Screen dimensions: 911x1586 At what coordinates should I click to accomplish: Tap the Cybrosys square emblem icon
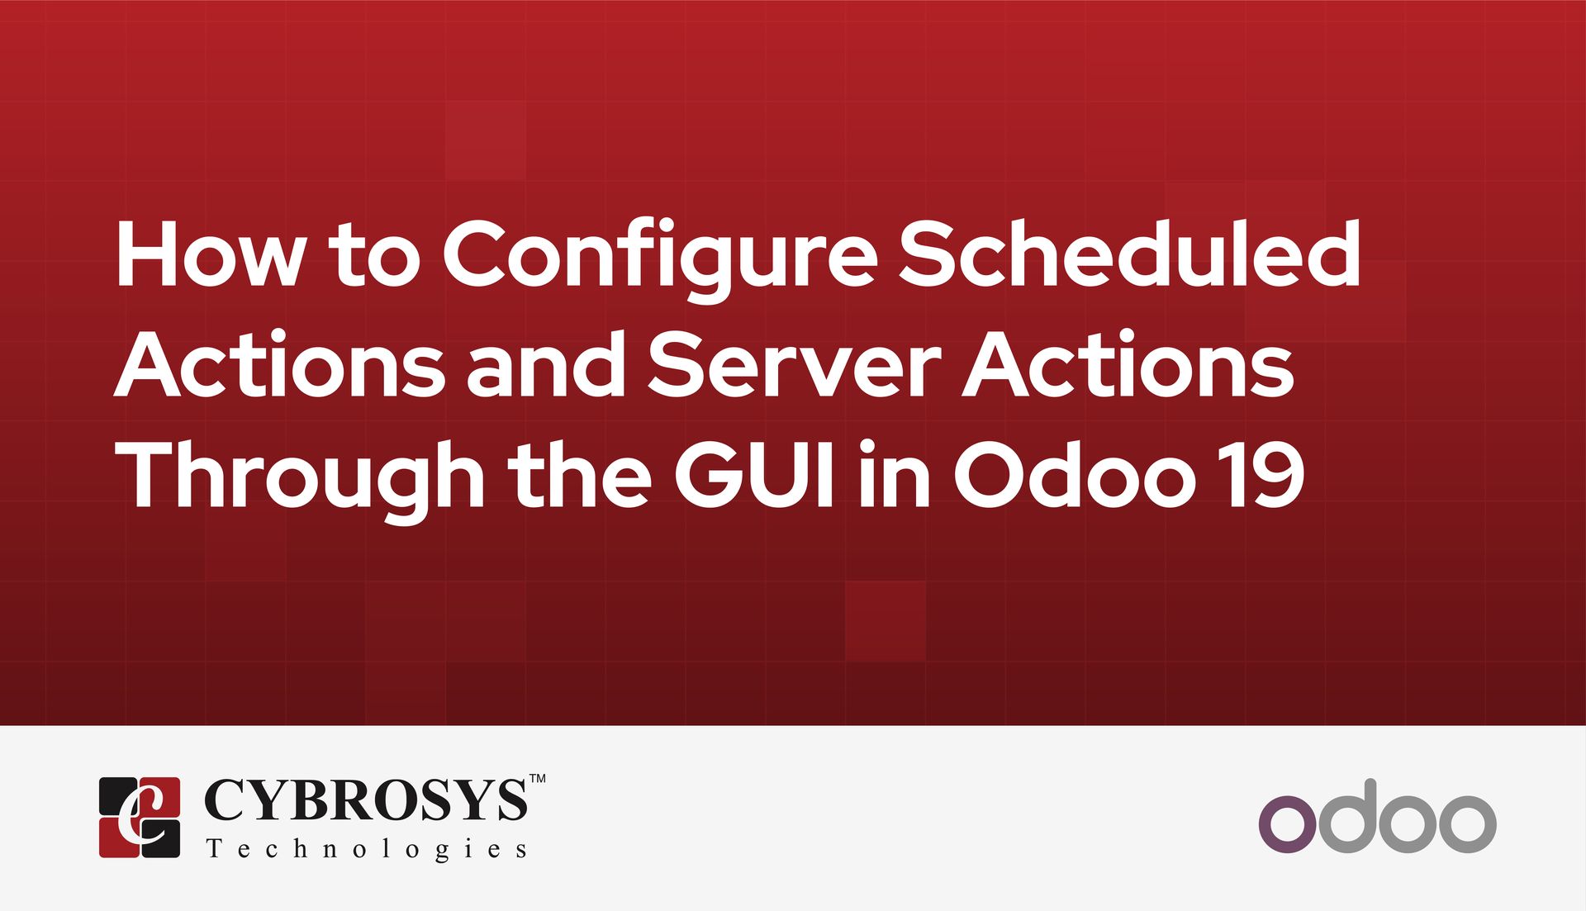point(140,817)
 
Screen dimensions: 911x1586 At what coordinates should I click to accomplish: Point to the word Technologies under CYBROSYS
point(366,849)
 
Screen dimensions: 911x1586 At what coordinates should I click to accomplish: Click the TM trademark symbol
point(537,778)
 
